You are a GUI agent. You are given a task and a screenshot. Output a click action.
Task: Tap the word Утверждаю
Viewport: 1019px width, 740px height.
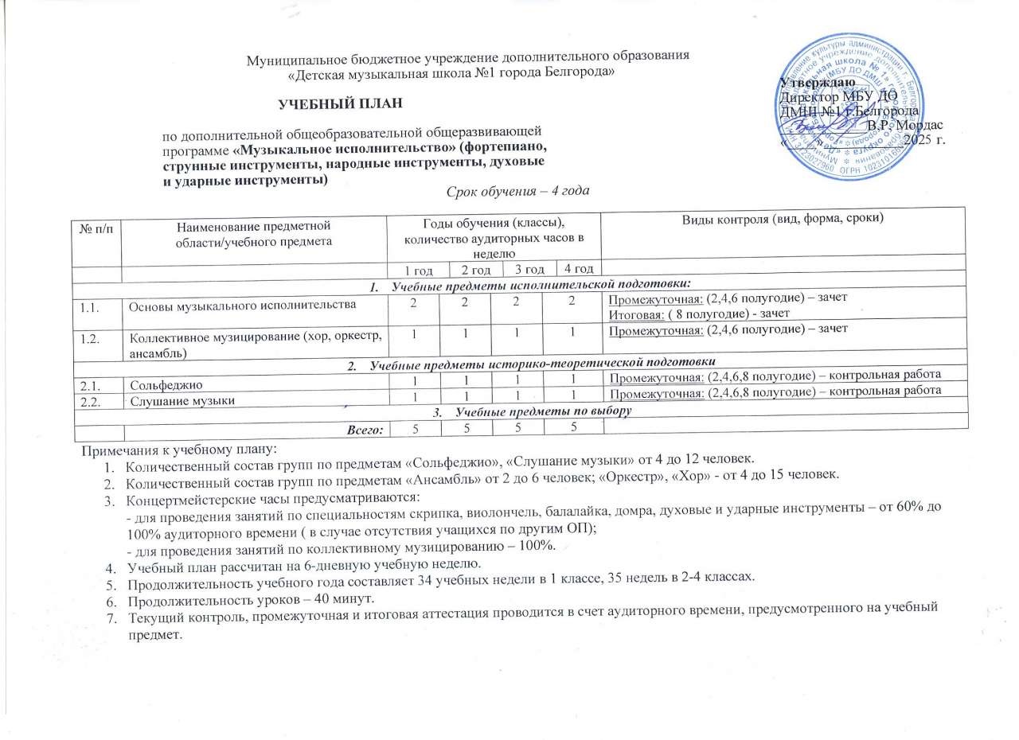[x=818, y=82]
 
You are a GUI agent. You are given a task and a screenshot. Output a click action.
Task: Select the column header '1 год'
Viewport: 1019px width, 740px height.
[x=417, y=270]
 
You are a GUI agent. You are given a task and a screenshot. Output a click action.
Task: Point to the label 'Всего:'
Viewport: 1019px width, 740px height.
[x=364, y=430]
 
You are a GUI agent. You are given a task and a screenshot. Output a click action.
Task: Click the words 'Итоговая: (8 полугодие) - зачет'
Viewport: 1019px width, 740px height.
[x=692, y=313]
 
